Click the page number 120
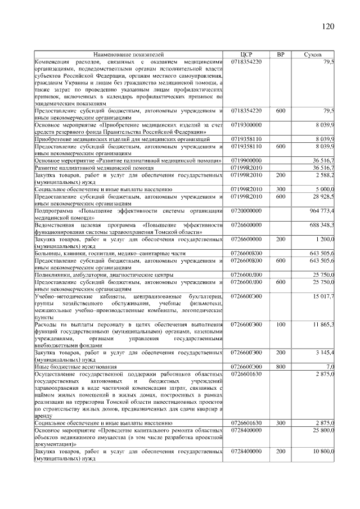pyautogui.click(x=327, y=26)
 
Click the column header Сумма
pyautogui.click(x=313, y=54)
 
